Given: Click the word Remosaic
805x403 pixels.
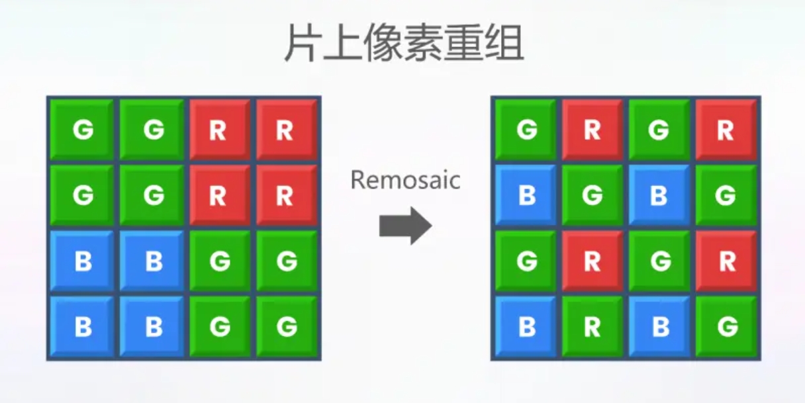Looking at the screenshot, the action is click(x=405, y=179).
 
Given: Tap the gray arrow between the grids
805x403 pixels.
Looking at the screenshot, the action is click(x=405, y=226).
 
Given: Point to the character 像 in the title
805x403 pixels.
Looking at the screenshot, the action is click(x=383, y=43).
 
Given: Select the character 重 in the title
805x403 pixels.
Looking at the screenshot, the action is click(x=464, y=43).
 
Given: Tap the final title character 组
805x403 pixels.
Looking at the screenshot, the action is click(x=504, y=43).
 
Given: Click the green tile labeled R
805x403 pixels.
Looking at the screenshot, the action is click(x=592, y=326).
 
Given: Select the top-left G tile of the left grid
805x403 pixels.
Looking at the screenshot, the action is click(x=82, y=129).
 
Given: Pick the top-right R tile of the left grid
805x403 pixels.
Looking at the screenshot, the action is click(x=287, y=129).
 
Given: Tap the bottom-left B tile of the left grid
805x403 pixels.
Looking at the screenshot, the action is click(x=82, y=326).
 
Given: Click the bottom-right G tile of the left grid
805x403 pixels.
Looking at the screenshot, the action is click(x=287, y=326).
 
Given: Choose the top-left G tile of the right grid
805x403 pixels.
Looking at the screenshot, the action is click(x=526, y=129).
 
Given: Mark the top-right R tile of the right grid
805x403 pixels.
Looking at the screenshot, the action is click(x=726, y=129).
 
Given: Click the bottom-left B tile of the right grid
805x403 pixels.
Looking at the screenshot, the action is click(x=526, y=326).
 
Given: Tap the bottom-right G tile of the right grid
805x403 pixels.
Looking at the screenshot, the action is click(x=726, y=326).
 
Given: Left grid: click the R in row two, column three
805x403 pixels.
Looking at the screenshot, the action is click(x=220, y=195).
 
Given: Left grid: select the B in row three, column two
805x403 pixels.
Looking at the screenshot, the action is click(x=152, y=261).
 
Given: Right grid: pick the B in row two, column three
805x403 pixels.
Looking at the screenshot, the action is click(x=659, y=195).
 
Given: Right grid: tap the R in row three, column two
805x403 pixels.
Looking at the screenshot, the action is click(x=592, y=261).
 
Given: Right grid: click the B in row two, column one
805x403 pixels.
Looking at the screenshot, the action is click(x=526, y=195).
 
